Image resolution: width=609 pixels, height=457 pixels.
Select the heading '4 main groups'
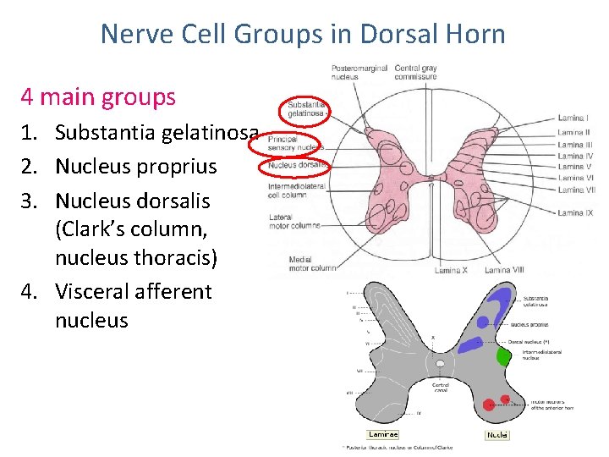[x=98, y=97]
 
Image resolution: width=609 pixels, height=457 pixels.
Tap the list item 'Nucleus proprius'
[x=136, y=167]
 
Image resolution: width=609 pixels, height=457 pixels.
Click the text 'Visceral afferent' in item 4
[x=134, y=291]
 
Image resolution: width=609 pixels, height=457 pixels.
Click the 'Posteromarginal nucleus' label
[x=359, y=73]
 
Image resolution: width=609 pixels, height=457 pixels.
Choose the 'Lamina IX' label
[x=575, y=212]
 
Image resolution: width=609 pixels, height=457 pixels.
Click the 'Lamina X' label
[x=451, y=270]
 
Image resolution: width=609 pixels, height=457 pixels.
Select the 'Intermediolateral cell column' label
[x=297, y=190]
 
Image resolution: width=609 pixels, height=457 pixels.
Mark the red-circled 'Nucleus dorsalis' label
[x=297, y=165]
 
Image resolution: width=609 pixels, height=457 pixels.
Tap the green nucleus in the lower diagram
[x=504, y=356]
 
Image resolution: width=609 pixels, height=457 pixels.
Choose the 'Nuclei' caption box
[x=497, y=434]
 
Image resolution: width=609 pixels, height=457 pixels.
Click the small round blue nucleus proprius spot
[x=482, y=322]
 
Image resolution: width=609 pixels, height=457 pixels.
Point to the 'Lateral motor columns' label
[x=294, y=222]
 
